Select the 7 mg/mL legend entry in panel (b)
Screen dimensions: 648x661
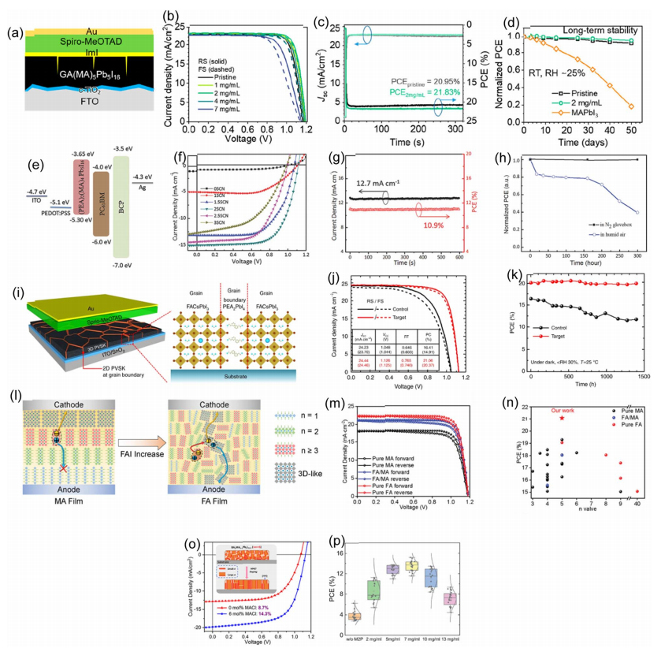[x=223, y=108]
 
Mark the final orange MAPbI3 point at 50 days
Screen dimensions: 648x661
[x=631, y=106]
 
